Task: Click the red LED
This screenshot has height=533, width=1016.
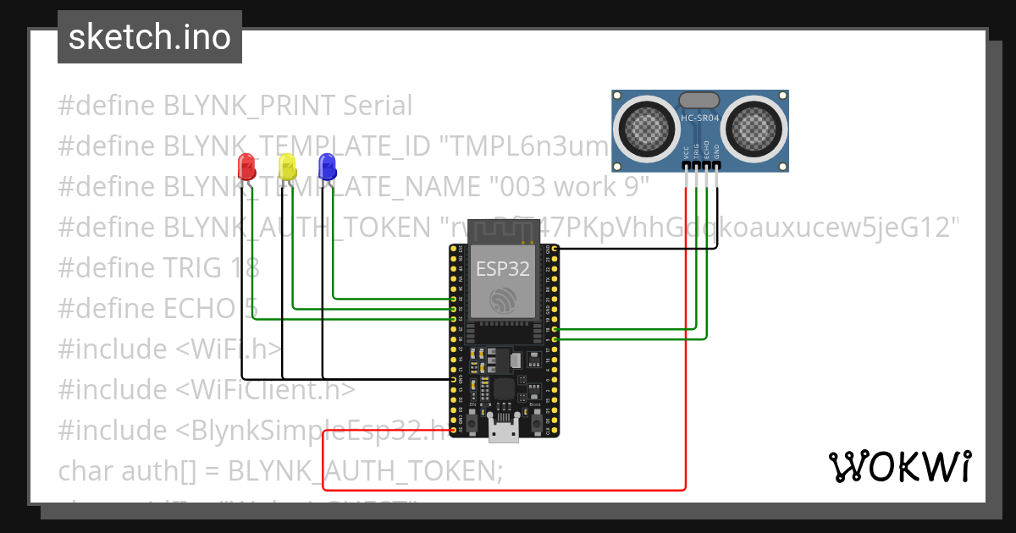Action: tap(246, 166)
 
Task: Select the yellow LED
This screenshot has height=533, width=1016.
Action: tap(287, 166)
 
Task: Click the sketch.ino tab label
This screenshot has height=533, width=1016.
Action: tap(149, 37)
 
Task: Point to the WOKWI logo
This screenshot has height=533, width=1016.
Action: tap(899, 466)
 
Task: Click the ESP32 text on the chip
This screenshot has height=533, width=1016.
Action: tap(503, 270)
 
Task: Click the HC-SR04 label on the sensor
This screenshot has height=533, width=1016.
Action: tap(700, 118)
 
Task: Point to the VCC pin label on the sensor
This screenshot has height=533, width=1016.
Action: tap(685, 152)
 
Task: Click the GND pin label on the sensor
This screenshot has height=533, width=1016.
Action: tap(716, 152)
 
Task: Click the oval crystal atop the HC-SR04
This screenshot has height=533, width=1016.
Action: tap(700, 101)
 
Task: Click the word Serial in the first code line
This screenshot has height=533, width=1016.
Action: tap(378, 106)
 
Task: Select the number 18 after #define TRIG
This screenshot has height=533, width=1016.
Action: tap(245, 268)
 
